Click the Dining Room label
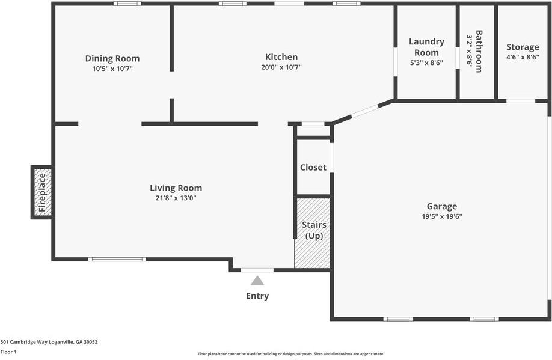click(x=112, y=58)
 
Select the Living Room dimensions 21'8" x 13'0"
click(x=176, y=198)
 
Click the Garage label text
click(x=442, y=206)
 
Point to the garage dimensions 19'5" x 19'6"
click(x=442, y=216)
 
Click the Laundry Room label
click(x=426, y=47)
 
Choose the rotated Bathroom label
click(x=479, y=51)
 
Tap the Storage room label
click(x=523, y=47)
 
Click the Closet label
click(x=313, y=167)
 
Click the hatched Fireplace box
click(x=42, y=192)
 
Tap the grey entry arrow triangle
click(x=257, y=281)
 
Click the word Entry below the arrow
click(x=257, y=296)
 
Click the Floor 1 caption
click(x=8, y=352)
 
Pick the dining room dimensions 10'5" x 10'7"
click(x=112, y=69)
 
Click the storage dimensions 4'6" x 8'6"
click(x=523, y=58)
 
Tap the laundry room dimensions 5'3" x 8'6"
click(x=426, y=63)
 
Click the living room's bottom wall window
click(x=117, y=259)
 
